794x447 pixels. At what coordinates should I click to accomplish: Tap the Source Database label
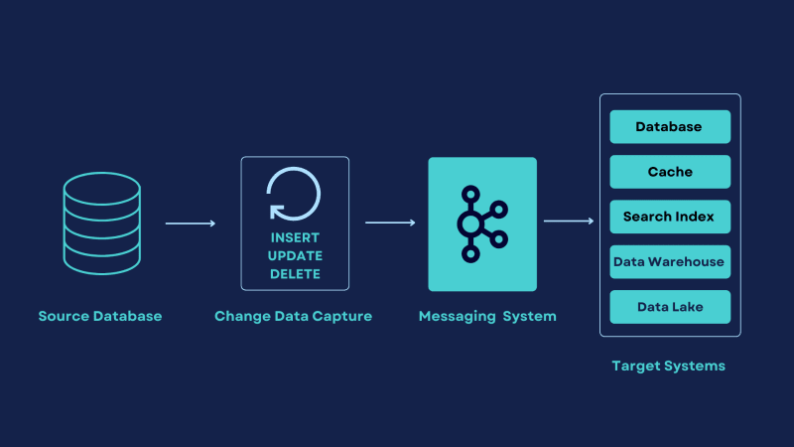click(100, 316)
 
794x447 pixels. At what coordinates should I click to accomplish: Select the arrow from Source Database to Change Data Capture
click(191, 223)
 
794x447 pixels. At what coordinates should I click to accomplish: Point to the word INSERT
click(295, 237)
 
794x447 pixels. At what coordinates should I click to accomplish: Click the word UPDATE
click(295, 256)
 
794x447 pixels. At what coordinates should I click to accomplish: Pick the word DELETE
click(295, 274)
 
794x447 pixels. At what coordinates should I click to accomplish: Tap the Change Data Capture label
click(293, 316)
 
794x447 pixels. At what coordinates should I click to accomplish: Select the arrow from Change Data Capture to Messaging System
click(390, 223)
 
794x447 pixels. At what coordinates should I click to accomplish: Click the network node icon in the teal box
click(482, 223)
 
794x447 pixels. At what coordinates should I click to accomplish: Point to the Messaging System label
click(487, 316)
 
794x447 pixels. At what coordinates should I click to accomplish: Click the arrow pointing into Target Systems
click(569, 221)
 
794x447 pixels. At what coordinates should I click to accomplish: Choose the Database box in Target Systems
click(670, 127)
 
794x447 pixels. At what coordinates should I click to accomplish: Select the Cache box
click(670, 172)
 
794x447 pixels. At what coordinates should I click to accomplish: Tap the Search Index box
click(670, 217)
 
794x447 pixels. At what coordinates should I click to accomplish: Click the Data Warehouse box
click(670, 262)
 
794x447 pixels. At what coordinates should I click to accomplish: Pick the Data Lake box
click(670, 307)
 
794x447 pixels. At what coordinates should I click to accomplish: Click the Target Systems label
click(668, 366)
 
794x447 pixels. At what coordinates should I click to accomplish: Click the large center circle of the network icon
click(470, 224)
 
